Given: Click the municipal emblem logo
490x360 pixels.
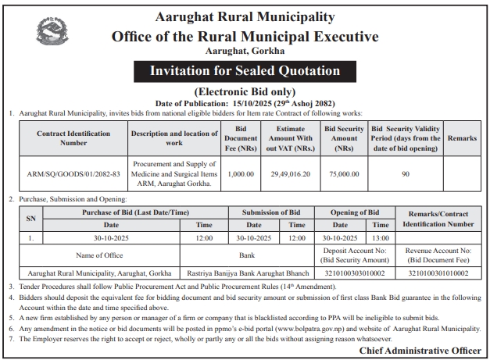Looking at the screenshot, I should point(52,34).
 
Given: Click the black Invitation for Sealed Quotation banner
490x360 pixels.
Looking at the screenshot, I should point(245,72).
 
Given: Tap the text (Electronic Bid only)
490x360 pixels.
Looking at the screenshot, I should point(245,91).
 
